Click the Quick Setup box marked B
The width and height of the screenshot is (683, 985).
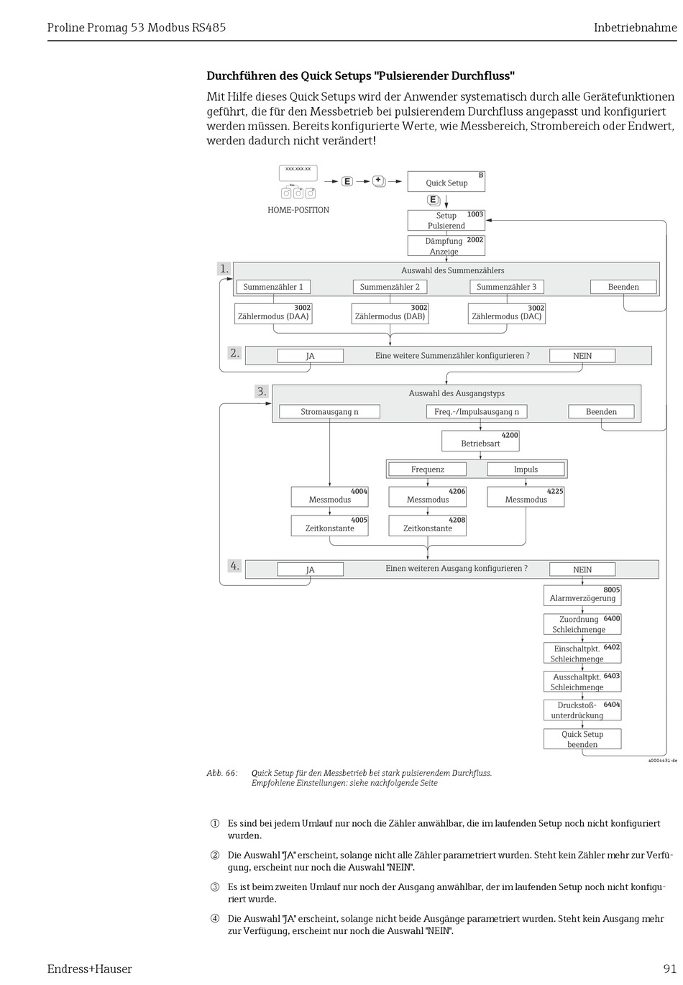446,182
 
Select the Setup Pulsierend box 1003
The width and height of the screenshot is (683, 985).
446,220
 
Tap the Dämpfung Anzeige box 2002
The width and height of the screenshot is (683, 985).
446,246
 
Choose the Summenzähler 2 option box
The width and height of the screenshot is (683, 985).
390,287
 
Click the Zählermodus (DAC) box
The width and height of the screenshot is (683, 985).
507,314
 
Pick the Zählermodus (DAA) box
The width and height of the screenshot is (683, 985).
273,314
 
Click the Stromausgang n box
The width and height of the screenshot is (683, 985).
329,411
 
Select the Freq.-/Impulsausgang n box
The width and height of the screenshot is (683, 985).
477,411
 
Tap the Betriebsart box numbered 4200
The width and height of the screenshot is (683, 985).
480,441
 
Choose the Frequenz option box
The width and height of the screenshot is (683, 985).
428,469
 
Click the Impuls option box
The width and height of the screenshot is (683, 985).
526,469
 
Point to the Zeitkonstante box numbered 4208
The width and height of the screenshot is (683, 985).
428,526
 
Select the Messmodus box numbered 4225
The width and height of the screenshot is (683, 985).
526,497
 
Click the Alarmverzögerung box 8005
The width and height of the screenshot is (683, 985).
582,596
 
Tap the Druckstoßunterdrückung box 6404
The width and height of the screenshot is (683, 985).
582,710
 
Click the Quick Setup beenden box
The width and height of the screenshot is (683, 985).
582,739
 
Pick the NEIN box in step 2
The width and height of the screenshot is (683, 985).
582,356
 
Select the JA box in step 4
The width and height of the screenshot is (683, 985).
310,569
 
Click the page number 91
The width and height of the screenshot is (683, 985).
670,968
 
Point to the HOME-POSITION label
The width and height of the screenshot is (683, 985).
298,210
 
